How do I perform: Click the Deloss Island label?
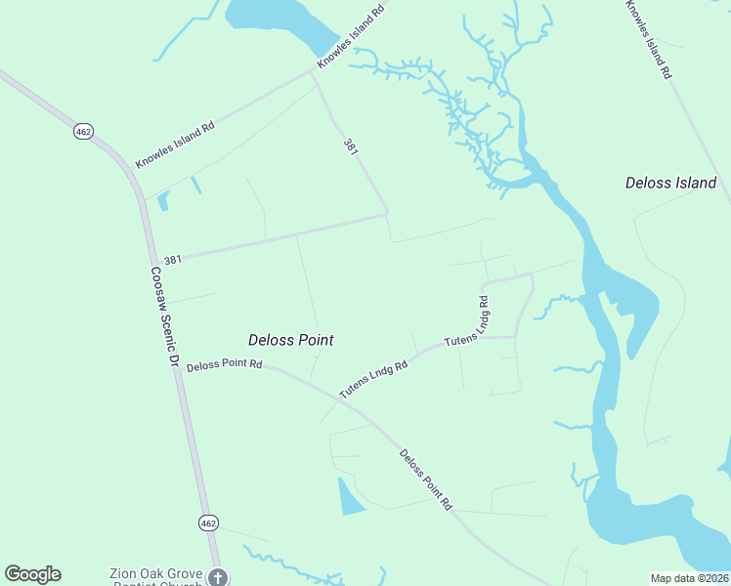[670, 183]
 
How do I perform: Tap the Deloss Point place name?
[290, 340]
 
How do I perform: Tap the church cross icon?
[219, 578]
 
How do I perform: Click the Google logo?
[32, 574]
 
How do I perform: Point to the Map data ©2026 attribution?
[689, 578]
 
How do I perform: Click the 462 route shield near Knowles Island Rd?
[83, 131]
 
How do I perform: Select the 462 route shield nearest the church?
[208, 523]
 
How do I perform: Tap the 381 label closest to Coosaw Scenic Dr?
[173, 260]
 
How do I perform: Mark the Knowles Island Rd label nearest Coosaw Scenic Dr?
[175, 145]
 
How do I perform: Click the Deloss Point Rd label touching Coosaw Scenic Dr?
[224, 365]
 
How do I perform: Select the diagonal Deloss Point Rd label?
[426, 480]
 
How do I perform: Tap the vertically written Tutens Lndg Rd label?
[483, 313]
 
